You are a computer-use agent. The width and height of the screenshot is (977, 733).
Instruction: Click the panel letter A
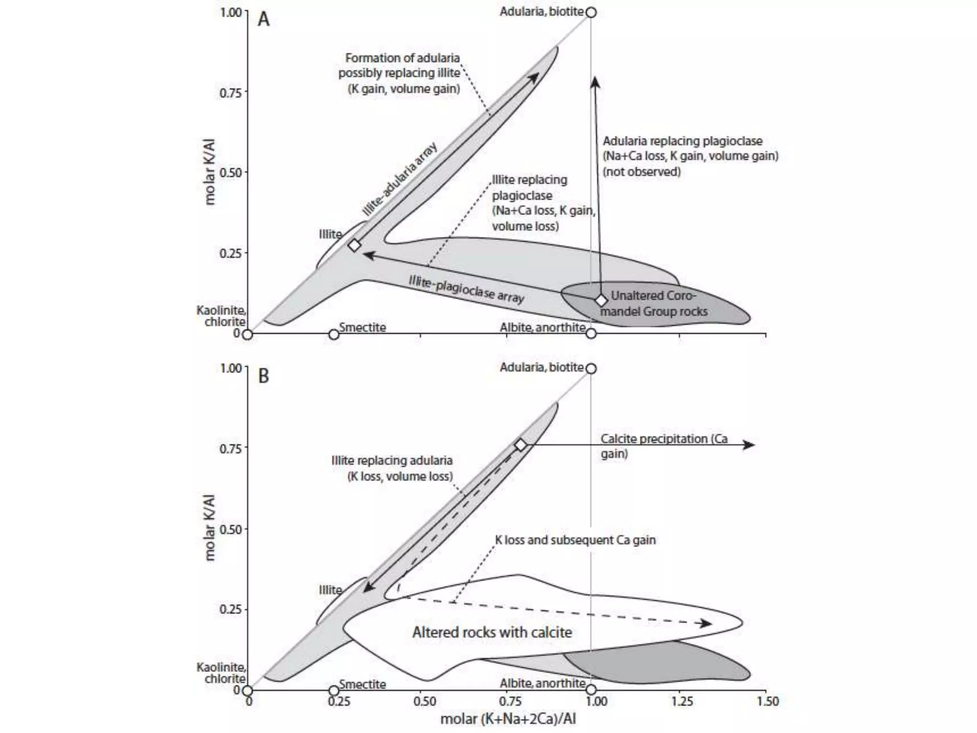263,20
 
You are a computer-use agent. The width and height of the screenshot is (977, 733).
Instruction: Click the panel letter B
263,376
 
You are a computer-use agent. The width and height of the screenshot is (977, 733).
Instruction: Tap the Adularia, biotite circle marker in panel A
591,12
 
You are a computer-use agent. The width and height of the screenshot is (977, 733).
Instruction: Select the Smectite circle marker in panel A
334,334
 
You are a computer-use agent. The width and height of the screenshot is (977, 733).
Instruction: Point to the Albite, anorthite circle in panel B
591,690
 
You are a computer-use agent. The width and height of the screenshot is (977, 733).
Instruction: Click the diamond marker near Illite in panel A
354,245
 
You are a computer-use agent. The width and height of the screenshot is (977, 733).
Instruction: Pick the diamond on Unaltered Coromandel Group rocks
601,301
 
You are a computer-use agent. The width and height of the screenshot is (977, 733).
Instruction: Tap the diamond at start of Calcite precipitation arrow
521,445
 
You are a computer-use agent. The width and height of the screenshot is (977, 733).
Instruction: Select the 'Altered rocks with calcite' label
492,632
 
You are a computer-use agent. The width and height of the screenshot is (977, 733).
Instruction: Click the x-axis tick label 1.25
682,702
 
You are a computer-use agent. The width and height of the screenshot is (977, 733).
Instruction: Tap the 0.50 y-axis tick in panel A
231,172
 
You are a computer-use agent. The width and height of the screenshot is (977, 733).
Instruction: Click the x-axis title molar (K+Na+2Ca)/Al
508,719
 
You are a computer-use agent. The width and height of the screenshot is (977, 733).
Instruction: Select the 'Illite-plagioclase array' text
467,289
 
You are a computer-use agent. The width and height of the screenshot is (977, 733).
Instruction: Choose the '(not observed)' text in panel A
642,172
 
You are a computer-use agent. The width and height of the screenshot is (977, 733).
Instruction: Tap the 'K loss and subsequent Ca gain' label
575,540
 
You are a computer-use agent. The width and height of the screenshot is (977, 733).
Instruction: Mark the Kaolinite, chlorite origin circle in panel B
247,690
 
